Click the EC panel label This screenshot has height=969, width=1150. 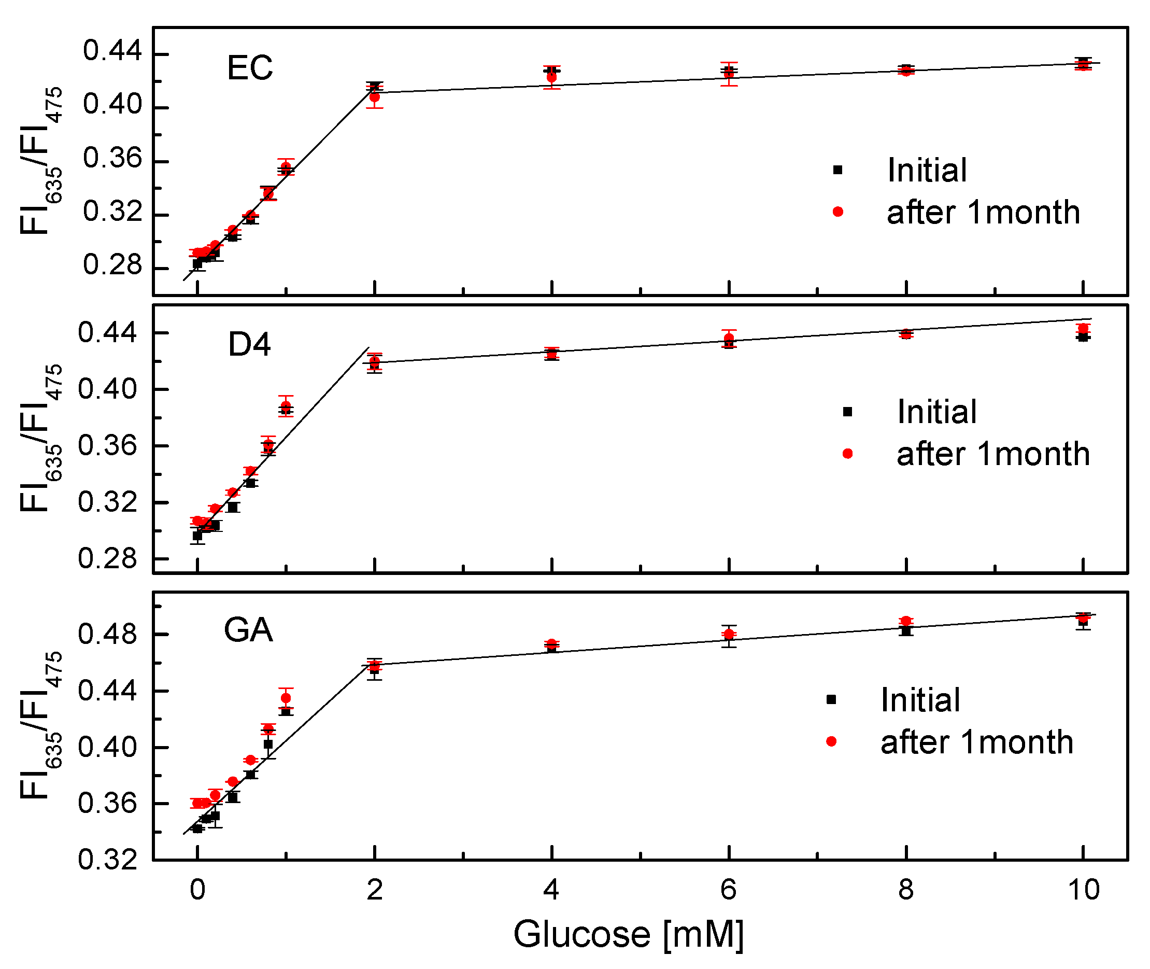[249, 68]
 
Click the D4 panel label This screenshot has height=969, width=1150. [249, 345]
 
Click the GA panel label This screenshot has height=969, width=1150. [248, 630]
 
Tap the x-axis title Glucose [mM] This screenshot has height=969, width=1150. [628, 934]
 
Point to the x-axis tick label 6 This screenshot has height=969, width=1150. [728, 889]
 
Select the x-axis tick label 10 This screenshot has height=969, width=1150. [1084, 889]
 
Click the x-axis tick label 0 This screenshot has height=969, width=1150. [197, 889]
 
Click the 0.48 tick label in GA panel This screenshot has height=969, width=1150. [107, 635]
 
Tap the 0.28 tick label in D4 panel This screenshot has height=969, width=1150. [107, 559]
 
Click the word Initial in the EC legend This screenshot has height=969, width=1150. [927, 170]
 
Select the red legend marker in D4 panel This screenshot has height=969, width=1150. [847, 454]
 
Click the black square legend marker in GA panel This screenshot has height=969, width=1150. [831, 700]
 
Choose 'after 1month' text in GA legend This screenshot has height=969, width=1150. [976, 742]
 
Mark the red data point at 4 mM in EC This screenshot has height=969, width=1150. [551, 77]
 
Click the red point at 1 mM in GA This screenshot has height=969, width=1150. [286, 698]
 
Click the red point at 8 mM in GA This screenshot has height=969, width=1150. [906, 621]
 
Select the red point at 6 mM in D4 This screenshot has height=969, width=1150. [729, 339]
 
